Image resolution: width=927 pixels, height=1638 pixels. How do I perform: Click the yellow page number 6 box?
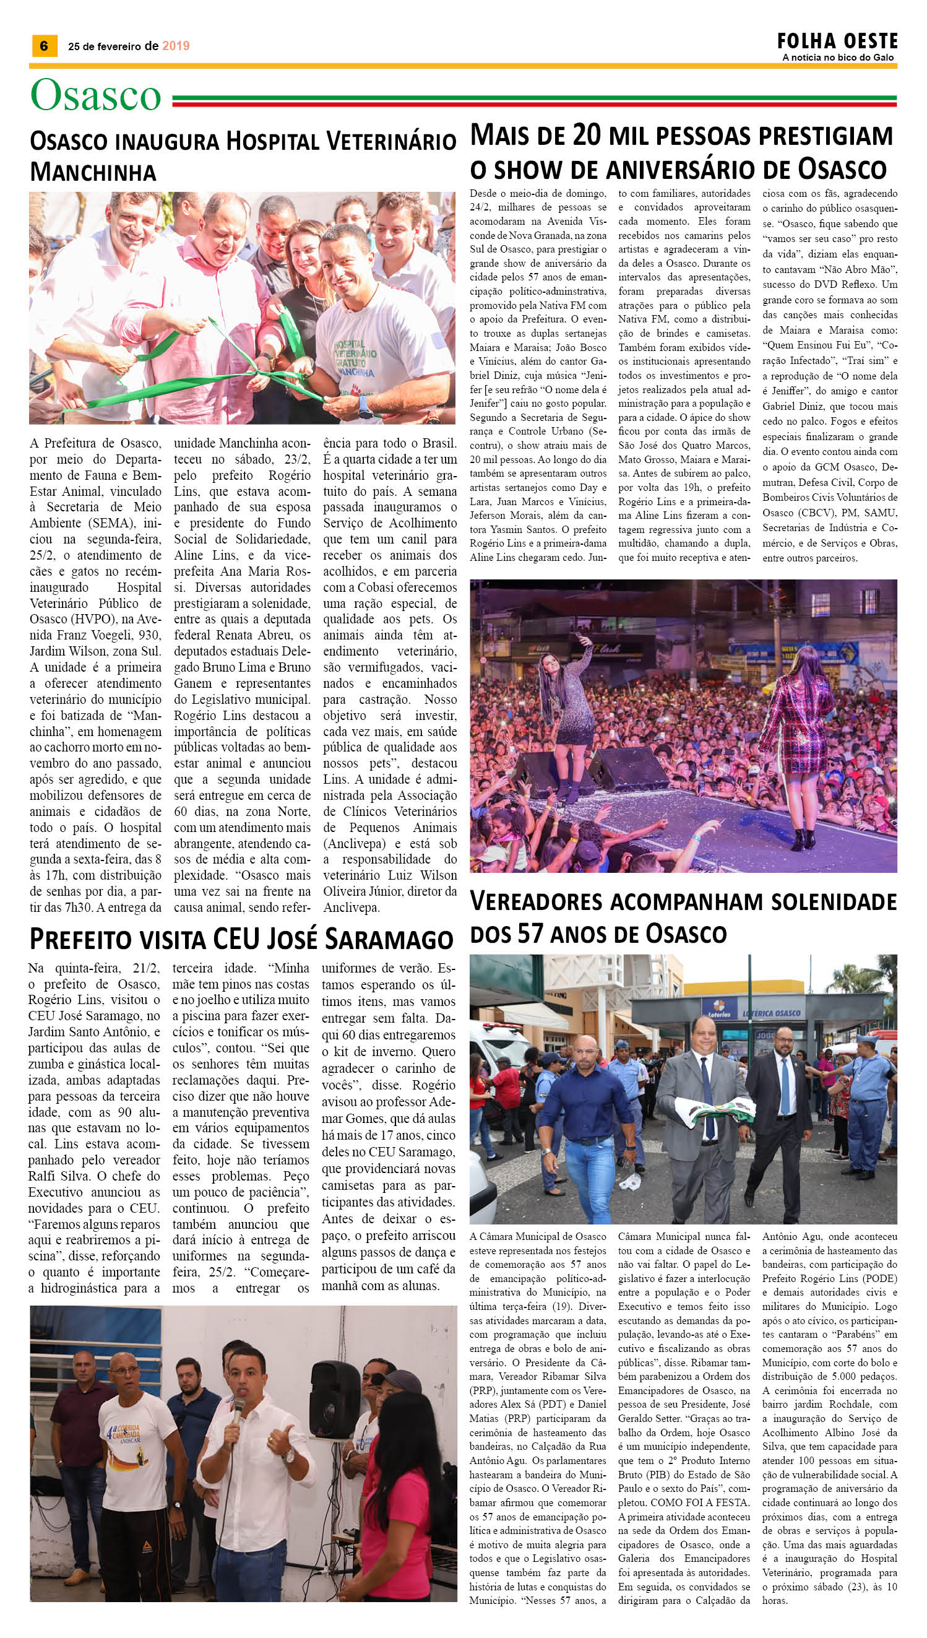[44, 46]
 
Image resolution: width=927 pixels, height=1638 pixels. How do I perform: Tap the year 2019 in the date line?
[176, 46]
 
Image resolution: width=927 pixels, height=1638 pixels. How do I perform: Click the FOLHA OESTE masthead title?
[837, 41]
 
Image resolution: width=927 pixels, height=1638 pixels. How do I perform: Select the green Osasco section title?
[95, 95]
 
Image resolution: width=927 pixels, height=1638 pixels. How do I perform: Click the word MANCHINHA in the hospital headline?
[93, 172]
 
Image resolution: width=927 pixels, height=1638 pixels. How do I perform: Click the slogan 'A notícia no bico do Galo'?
[838, 58]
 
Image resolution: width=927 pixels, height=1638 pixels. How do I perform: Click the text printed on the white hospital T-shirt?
[355, 358]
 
